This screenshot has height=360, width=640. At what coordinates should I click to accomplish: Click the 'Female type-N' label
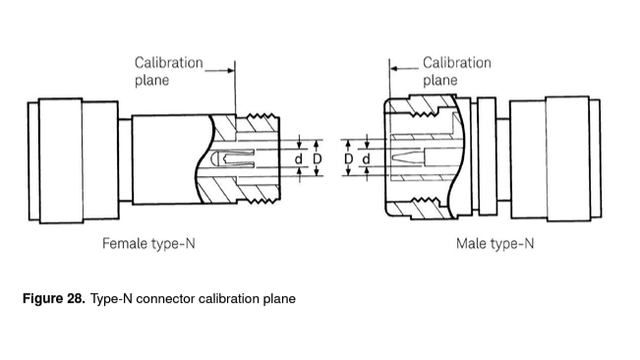pyautogui.click(x=148, y=244)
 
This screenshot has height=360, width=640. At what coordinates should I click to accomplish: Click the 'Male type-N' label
pyautogui.click(x=495, y=244)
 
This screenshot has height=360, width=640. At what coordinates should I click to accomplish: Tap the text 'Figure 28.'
pyautogui.click(x=54, y=298)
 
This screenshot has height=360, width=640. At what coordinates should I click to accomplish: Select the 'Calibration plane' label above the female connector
pyautogui.click(x=168, y=71)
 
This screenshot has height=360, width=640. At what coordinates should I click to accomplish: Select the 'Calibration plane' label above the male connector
pyautogui.click(x=457, y=71)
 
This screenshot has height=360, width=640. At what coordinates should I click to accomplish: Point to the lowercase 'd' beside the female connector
pyautogui.click(x=299, y=158)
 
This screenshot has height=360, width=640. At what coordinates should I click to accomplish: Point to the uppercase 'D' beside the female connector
pyautogui.click(x=318, y=158)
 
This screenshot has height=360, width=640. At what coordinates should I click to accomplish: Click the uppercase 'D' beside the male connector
pyautogui.click(x=348, y=158)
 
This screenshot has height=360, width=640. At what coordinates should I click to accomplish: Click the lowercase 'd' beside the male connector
pyautogui.click(x=366, y=158)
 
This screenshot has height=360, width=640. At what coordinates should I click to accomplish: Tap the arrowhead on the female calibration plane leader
pyautogui.click(x=231, y=70)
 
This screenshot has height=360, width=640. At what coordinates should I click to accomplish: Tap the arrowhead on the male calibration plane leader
pyautogui.click(x=393, y=69)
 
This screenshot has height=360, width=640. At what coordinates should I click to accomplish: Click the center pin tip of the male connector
pyautogui.click(x=394, y=158)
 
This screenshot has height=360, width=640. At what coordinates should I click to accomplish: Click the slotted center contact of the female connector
pyautogui.click(x=235, y=158)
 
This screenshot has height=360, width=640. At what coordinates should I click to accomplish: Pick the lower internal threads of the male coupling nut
pyautogui.click(x=425, y=201)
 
